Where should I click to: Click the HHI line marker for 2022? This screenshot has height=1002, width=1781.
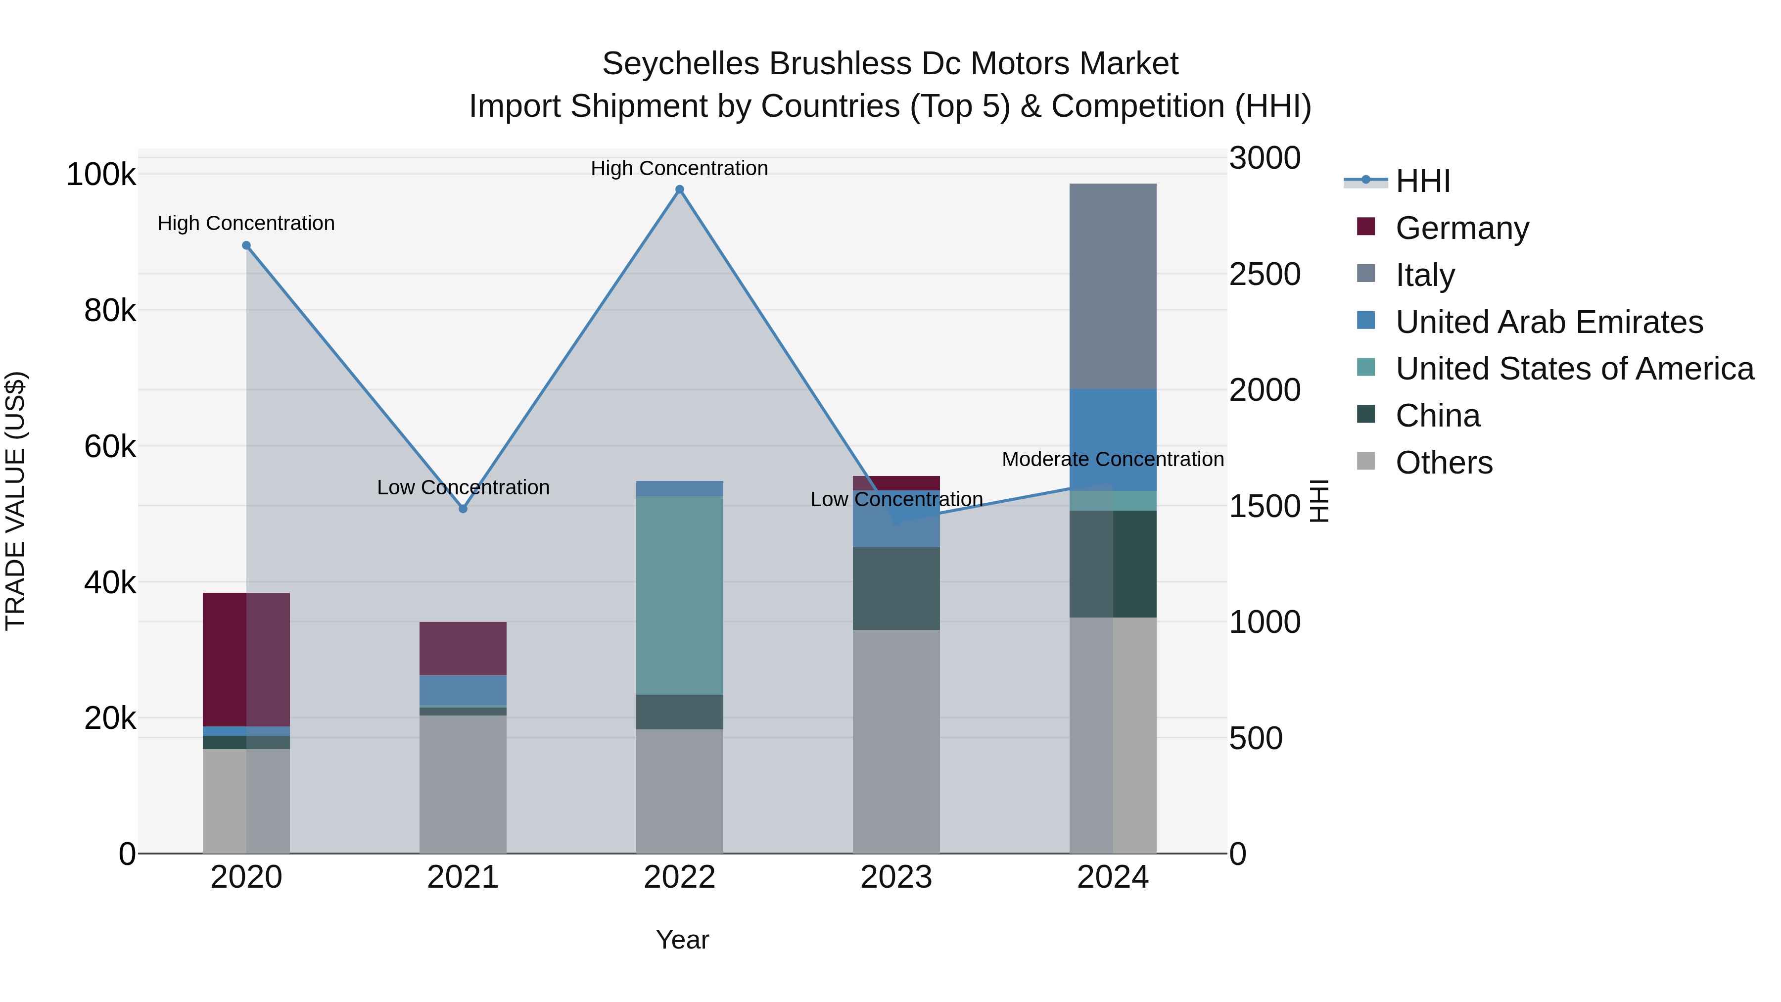point(680,190)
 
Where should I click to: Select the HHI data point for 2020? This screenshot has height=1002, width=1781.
point(246,245)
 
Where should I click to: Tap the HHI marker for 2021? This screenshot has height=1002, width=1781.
point(463,509)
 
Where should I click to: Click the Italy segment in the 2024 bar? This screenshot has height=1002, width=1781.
point(1113,286)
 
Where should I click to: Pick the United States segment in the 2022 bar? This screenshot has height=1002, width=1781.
point(680,595)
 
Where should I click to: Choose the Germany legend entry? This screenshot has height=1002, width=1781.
point(1461,228)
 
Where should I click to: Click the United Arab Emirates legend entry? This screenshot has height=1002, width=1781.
point(1548,322)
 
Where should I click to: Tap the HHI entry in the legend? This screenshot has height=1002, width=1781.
point(1422,181)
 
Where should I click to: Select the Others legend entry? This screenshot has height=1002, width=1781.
point(1444,463)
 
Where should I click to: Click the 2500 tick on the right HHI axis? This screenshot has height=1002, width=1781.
point(1265,275)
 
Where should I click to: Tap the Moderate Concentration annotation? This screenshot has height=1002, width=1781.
point(1113,459)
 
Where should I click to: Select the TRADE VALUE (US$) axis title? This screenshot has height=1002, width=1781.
point(15,501)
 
